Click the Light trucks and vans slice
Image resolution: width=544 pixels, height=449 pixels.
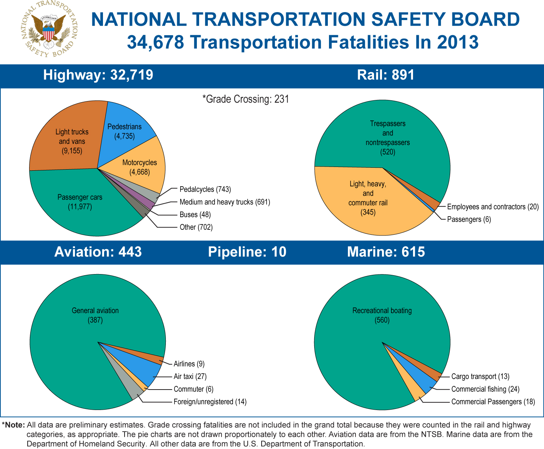point(72,141)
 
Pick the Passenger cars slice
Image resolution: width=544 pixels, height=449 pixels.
point(80,202)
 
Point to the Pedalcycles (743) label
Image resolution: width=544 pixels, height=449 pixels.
point(205,189)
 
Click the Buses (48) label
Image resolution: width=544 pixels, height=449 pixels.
point(195,215)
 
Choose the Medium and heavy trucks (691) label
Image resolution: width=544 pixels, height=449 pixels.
point(224,202)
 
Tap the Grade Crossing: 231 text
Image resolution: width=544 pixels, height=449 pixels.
point(246,99)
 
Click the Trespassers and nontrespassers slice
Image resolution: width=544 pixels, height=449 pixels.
point(388,138)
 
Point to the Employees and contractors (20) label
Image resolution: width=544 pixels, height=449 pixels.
point(493,207)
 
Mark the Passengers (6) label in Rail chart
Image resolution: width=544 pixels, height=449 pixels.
point(469,220)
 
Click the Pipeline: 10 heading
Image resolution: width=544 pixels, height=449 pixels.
point(247,252)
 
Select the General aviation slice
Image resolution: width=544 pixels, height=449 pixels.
point(95,315)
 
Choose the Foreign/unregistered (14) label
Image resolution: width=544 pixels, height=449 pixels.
point(210,402)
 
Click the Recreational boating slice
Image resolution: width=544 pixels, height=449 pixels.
point(382,315)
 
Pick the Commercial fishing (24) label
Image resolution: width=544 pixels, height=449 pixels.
point(485,389)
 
